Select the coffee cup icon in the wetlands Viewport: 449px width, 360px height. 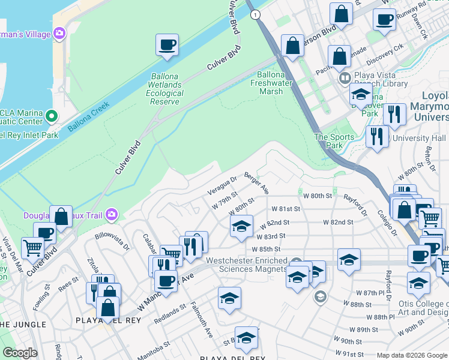pos(167,45)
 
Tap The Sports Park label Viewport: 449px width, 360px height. pos(330,141)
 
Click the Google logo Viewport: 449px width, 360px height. pos(20,353)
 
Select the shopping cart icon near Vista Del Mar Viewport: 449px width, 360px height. pos(32,247)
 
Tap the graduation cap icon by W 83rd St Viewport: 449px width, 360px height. pos(241,226)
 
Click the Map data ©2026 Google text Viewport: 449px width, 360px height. pos(411,355)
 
